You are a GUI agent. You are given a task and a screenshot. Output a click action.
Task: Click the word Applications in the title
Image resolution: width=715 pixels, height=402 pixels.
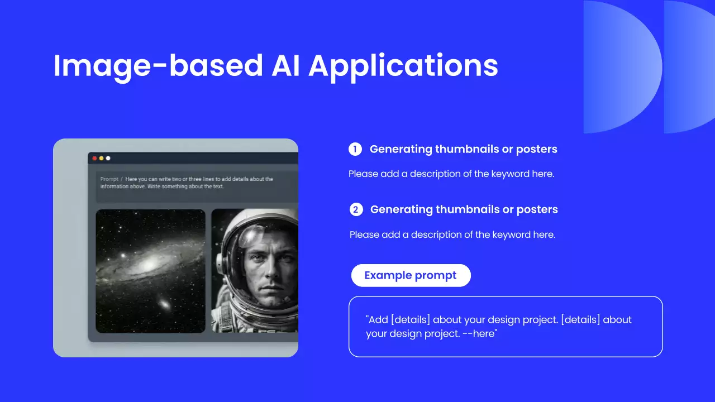click(403, 66)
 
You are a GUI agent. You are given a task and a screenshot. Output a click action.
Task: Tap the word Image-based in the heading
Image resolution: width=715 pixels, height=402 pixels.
click(158, 66)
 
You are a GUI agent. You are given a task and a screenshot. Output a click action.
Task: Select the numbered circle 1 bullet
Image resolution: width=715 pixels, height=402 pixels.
click(355, 149)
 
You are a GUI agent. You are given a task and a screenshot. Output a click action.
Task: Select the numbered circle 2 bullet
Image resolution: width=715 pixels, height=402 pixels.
click(356, 209)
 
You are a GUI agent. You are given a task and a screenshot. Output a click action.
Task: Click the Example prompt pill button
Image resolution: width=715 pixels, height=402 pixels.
click(411, 275)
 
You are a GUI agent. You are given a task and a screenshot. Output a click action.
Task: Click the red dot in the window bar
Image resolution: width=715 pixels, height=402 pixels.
click(94, 158)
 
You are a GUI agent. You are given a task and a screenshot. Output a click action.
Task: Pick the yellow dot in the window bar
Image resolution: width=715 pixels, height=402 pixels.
click(101, 158)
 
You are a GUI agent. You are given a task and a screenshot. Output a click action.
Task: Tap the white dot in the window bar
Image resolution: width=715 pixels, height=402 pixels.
click(108, 158)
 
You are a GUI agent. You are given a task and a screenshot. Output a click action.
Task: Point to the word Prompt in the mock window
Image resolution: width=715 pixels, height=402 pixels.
click(109, 179)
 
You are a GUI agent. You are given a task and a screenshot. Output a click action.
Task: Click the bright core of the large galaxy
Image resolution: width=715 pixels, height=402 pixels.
click(149, 264)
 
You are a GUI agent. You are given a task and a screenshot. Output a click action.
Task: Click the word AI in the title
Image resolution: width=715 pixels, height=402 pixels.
click(285, 66)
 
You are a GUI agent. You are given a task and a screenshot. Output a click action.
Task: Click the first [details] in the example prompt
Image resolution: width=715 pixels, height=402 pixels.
click(411, 320)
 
